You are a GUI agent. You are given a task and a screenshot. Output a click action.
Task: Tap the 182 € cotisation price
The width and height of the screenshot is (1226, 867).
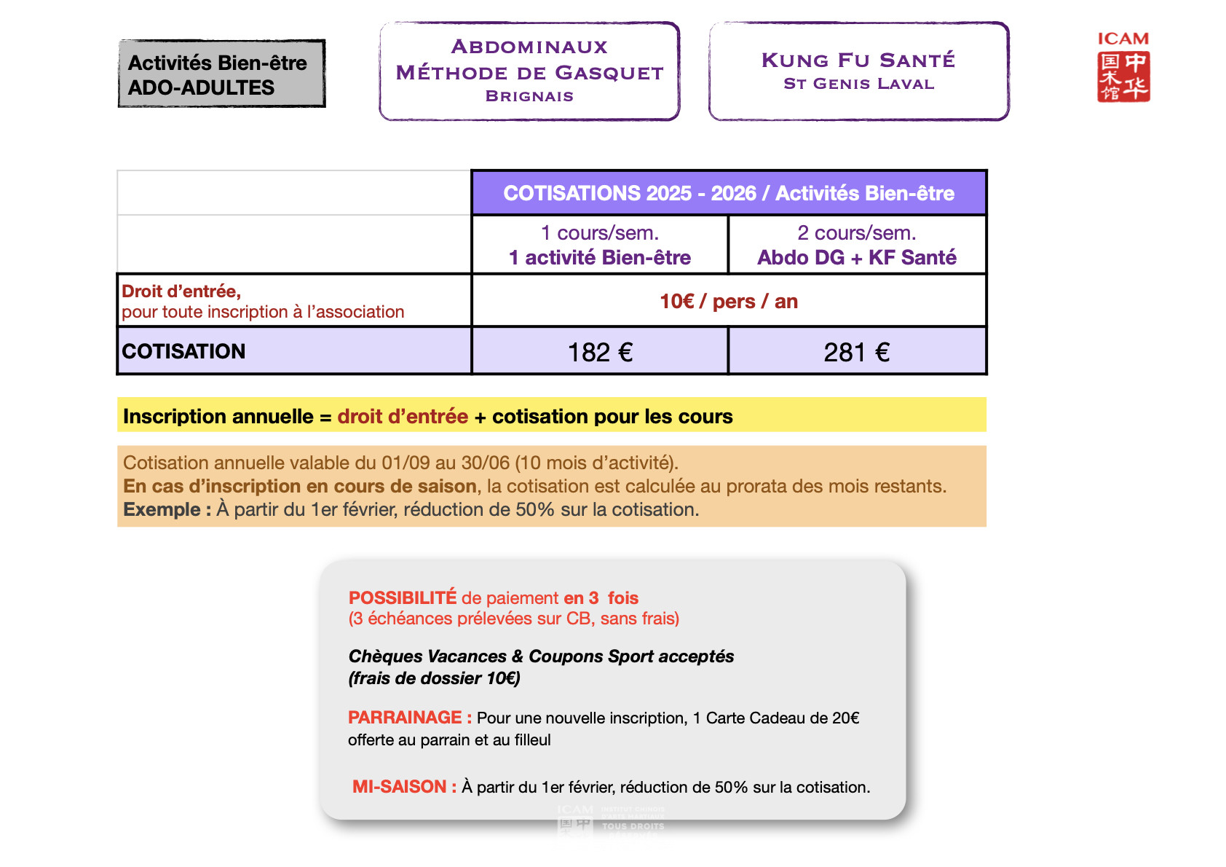tap(600, 353)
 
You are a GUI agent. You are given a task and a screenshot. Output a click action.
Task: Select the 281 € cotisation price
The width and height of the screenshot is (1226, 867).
tap(856, 353)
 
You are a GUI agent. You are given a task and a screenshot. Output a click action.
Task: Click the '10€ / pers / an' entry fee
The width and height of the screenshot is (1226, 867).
tap(729, 302)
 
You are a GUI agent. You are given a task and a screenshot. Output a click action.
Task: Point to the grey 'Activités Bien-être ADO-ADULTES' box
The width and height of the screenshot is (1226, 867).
tap(221, 74)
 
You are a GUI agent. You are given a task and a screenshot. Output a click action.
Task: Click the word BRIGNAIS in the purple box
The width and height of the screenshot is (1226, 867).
tap(529, 96)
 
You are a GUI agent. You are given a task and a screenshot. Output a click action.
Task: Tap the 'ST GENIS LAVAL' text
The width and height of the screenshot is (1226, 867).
tap(858, 84)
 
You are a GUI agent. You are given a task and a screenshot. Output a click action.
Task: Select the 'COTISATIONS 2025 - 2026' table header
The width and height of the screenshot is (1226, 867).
tap(729, 193)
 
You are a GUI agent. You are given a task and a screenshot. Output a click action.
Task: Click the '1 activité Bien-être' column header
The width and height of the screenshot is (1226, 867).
tap(600, 257)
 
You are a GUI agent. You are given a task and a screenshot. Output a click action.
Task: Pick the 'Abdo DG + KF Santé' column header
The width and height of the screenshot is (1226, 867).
tap(856, 257)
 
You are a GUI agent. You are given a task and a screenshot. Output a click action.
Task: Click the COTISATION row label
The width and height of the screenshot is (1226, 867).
tap(183, 351)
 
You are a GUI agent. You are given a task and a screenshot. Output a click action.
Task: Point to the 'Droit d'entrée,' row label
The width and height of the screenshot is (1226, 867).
tap(181, 291)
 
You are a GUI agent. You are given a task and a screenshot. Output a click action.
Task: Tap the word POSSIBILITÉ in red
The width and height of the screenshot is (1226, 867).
tap(403, 598)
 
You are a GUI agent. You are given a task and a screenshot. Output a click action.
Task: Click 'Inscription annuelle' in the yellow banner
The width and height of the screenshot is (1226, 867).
tap(218, 417)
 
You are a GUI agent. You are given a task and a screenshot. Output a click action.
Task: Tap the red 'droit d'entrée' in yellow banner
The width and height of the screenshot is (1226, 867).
tap(403, 417)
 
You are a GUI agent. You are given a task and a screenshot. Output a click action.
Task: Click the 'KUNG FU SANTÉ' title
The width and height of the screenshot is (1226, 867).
tap(858, 60)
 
